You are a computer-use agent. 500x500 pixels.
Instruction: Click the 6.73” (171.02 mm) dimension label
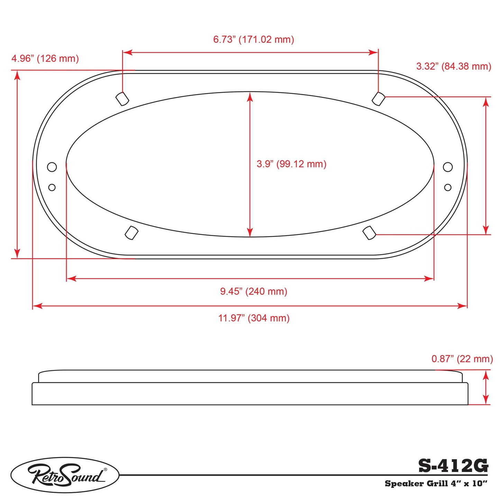click(253, 39)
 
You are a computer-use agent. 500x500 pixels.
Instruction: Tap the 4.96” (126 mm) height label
click(45, 58)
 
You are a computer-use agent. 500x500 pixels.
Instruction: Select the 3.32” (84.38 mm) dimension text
click(453, 66)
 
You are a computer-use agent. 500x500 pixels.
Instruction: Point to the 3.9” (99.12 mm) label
click(291, 164)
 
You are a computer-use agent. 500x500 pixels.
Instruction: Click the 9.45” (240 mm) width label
click(254, 291)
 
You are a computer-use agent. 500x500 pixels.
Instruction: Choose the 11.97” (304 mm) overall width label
click(254, 318)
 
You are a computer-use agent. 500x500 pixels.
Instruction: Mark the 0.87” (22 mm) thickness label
click(462, 359)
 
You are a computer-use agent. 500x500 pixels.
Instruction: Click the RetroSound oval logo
click(65, 475)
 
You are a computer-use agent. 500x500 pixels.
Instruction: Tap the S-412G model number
click(453, 466)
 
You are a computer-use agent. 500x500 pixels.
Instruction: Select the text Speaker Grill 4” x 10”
click(436, 484)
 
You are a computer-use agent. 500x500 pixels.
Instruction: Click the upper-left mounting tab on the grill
click(122, 99)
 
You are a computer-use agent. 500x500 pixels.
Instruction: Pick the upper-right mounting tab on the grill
click(379, 99)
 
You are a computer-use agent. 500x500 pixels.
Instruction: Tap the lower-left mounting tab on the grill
click(131, 233)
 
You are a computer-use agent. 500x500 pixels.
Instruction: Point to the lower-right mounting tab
click(369, 233)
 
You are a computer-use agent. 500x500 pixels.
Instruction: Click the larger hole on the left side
click(52, 167)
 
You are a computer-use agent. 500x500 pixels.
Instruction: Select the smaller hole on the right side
click(448, 187)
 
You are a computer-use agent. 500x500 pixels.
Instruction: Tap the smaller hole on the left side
click(52, 187)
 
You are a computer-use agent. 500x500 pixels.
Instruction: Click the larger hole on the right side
click(448, 167)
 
